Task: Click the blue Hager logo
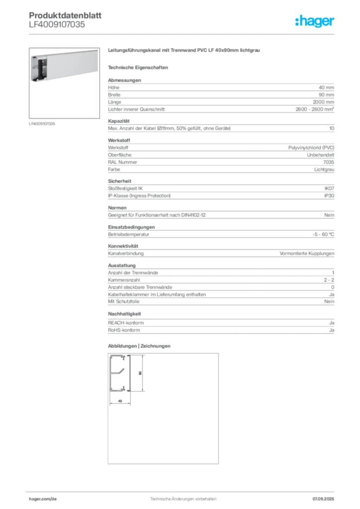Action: coord(315,22)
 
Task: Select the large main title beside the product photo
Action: coord(184,52)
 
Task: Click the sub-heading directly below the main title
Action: coord(139,67)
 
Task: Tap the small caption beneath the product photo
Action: coord(42,123)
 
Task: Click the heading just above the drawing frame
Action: coord(139,345)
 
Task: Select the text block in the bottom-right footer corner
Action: coord(326,496)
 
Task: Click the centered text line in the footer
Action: coord(181,496)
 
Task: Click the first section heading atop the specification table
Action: coord(124,78)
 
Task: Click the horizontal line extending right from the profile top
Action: coord(139,355)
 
